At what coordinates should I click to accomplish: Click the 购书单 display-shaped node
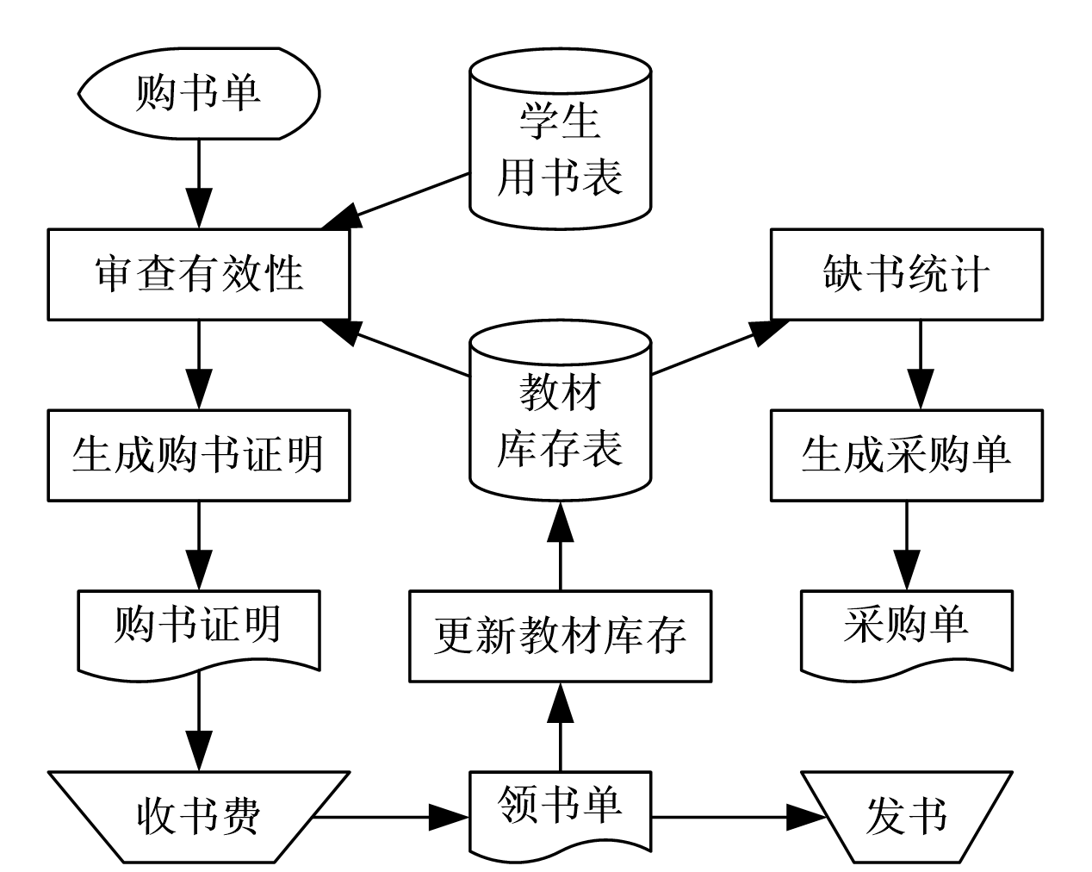[199, 93]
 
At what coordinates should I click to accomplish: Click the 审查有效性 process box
[199, 274]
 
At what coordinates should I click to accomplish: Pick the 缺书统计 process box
[906, 274]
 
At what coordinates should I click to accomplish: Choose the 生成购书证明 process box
[199, 455]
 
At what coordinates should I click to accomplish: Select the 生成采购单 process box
[906, 455]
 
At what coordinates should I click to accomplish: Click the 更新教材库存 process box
[560, 636]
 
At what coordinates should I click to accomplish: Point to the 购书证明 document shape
[199, 627]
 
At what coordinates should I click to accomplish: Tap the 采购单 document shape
[906, 627]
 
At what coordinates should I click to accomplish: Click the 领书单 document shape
[560, 808]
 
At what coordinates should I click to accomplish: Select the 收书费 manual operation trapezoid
[199, 815]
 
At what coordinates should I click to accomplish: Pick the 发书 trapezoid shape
[906, 815]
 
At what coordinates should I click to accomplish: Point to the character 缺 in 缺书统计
[843, 274]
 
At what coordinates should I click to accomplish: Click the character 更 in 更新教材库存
[455, 636]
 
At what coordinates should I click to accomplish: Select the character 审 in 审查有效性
[115, 274]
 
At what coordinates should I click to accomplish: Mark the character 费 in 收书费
[240, 815]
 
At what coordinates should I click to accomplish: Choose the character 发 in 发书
[885, 815]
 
